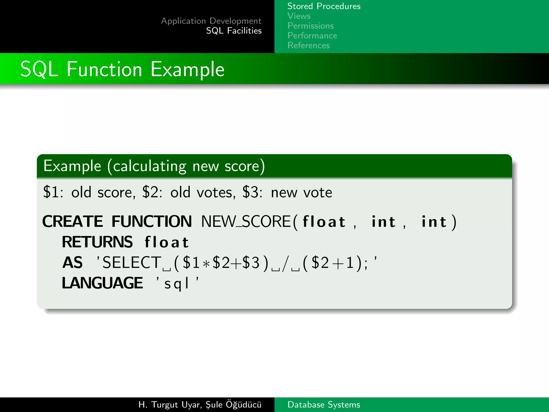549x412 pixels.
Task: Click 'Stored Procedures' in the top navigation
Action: click(x=324, y=6)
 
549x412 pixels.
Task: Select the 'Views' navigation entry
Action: click(x=299, y=16)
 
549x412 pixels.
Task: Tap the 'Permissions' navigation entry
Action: click(x=310, y=26)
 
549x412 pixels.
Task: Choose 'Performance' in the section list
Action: click(x=312, y=36)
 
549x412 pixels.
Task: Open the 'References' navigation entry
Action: click(x=309, y=45)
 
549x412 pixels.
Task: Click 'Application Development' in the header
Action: click(x=211, y=21)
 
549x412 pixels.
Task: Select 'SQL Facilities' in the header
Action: click(x=234, y=31)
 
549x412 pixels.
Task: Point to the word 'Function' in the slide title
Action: click(x=104, y=69)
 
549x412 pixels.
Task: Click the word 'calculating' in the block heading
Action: click(x=149, y=166)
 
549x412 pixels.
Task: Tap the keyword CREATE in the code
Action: click(x=73, y=222)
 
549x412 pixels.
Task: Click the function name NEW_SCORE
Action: click(x=246, y=222)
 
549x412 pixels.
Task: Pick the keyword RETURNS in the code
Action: click(x=97, y=242)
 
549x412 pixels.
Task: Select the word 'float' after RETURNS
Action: click(x=167, y=242)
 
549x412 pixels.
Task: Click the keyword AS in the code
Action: click(x=72, y=262)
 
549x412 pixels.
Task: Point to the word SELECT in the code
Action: click(x=132, y=262)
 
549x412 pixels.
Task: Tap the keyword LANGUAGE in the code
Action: click(x=102, y=283)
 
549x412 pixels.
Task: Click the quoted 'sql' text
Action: click(x=177, y=284)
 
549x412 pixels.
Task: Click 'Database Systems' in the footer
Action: click(x=324, y=404)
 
